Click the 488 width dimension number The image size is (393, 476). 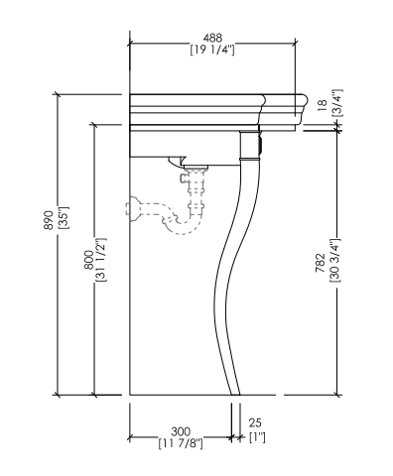click(212, 37)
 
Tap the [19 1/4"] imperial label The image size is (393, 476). click(212, 50)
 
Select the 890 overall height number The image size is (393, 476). click(49, 220)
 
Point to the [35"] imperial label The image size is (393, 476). click(63, 218)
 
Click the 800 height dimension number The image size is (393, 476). click(88, 260)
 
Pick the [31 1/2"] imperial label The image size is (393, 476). click(101, 260)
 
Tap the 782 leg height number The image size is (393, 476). click(321, 263)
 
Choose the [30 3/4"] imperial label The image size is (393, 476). click(335, 260)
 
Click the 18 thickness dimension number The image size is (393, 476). click(322, 106)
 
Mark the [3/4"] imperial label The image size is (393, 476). click(338, 103)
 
